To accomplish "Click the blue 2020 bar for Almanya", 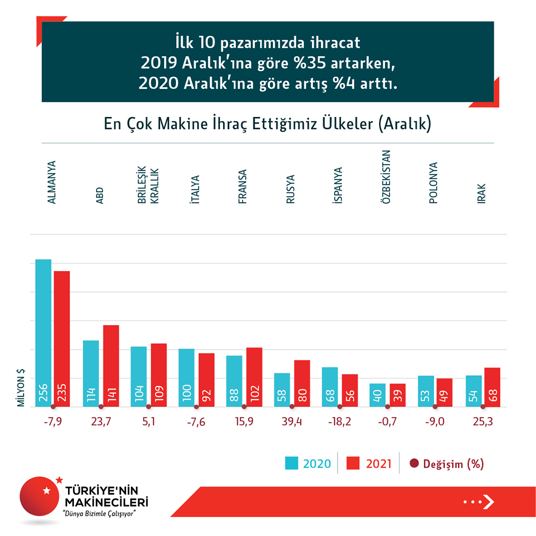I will [43, 333].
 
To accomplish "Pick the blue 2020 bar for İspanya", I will [330, 387].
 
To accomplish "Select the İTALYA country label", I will [196, 190].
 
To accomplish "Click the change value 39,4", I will [291, 422].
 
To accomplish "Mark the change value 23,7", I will [101, 422].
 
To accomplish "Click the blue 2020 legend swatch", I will [291, 464].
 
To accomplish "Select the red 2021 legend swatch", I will [353, 464].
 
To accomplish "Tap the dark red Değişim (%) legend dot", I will [414, 464].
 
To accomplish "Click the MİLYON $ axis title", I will [21, 388].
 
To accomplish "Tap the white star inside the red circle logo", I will [47, 490].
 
